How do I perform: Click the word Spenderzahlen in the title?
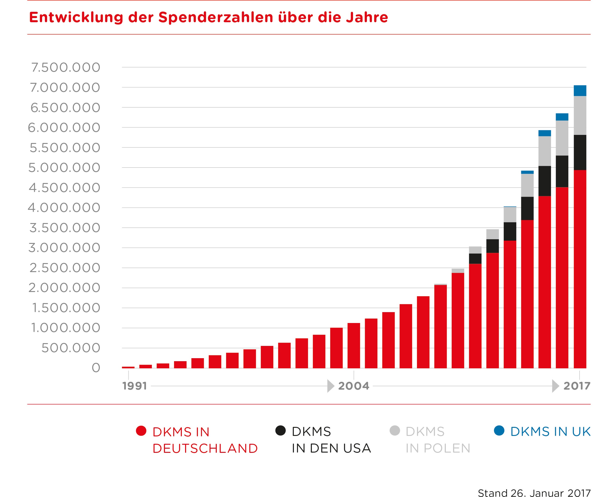pyautogui.click(x=216, y=17)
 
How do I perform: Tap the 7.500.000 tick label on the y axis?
pyautogui.click(x=65, y=68)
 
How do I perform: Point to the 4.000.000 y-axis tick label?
pyautogui.click(x=64, y=208)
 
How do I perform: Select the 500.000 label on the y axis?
pyautogui.click(x=71, y=348)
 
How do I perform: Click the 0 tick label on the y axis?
pyautogui.click(x=96, y=368)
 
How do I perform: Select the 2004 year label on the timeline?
pyautogui.click(x=354, y=386)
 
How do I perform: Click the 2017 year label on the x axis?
pyautogui.click(x=577, y=386)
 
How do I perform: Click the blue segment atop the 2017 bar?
pyautogui.click(x=580, y=90)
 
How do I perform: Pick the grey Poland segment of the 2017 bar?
pyautogui.click(x=580, y=115)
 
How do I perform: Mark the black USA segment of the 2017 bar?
pyautogui.click(x=580, y=152)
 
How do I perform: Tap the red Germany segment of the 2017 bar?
pyautogui.click(x=580, y=269)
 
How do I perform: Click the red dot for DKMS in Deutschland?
pyautogui.click(x=141, y=431)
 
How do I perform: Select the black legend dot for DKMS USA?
pyautogui.click(x=281, y=431)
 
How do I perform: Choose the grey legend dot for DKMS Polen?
pyautogui.click(x=395, y=431)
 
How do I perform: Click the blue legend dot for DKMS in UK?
pyautogui.click(x=499, y=431)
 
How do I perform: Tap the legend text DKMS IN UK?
pyautogui.click(x=550, y=432)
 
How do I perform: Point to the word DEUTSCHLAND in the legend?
pyautogui.click(x=205, y=448)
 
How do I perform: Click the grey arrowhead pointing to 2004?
pyautogui.click(x=331, y=386)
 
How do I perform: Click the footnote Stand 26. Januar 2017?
pyautogui.click(x=534, y=493)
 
